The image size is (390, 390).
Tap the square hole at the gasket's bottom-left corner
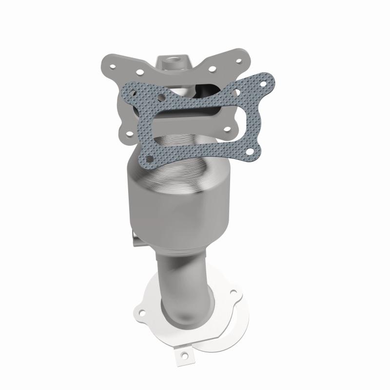pos(147,159)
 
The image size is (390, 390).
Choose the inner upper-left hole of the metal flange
pos(140,72)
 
